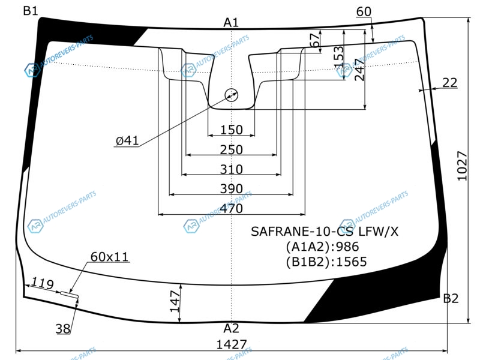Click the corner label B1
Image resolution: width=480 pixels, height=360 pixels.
point(31,11)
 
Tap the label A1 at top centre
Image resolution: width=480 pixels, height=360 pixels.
point(231,22)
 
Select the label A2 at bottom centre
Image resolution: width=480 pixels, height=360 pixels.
point(231,328)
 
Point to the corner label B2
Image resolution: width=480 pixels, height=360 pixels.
point(451,298)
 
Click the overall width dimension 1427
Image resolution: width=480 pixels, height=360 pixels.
point(232,344)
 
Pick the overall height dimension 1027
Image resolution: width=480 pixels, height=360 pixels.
point(462,166)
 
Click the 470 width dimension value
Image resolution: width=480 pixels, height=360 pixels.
point(232,208)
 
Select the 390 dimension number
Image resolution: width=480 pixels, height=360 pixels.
point(232,189)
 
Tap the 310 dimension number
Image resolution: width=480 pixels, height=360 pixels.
point(232,169)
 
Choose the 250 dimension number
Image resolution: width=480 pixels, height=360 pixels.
point(232,149)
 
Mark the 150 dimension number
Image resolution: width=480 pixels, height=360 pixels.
point(232,130)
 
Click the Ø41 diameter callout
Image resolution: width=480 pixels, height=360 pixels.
point(127,140)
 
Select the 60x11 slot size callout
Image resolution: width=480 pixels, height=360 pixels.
point(110,257)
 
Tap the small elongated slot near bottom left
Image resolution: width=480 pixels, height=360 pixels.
point(69,295)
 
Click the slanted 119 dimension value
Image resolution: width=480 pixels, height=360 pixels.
point(43,283)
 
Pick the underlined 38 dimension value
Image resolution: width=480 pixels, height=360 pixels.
point(63,329)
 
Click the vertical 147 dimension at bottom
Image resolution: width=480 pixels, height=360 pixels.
point(175,302)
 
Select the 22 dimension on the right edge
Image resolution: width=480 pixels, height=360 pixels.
point(449,83)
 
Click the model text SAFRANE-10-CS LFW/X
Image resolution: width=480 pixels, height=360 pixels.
point(325,232)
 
